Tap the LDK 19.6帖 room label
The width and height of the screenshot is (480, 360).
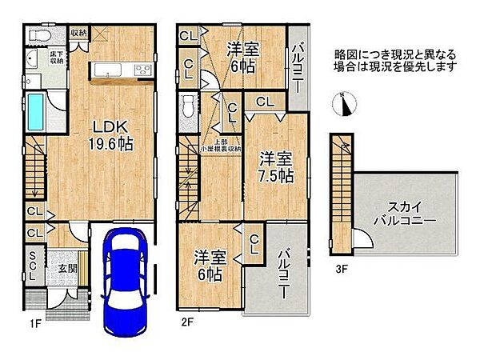pos(110,137)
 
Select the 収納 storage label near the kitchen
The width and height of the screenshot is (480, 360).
pos(78,33)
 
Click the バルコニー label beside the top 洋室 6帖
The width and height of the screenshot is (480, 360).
pos(297,60)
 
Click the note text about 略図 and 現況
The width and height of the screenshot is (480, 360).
pos(395,60)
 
